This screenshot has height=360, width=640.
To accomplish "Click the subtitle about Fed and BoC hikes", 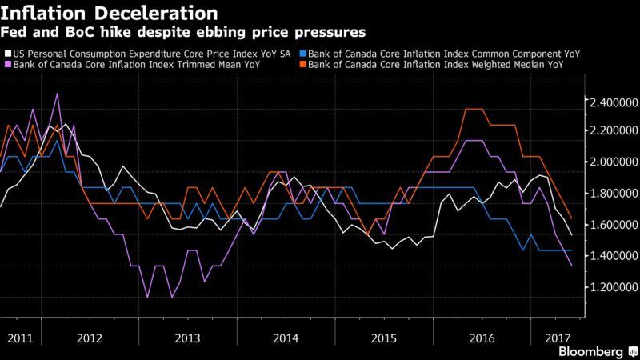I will click(x=184, y=33).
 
